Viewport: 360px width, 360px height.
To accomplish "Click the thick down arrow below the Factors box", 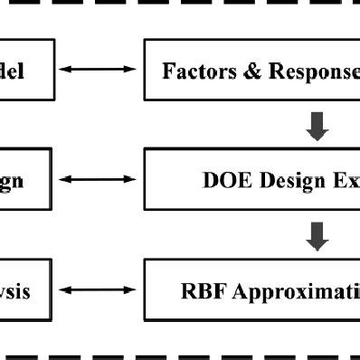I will coord(317,126).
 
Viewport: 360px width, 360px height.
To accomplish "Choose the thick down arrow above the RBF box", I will coord(317,236).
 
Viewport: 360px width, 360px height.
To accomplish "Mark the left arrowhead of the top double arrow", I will coord(65,70).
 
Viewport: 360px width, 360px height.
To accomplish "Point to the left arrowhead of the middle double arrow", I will coord(65,180).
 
